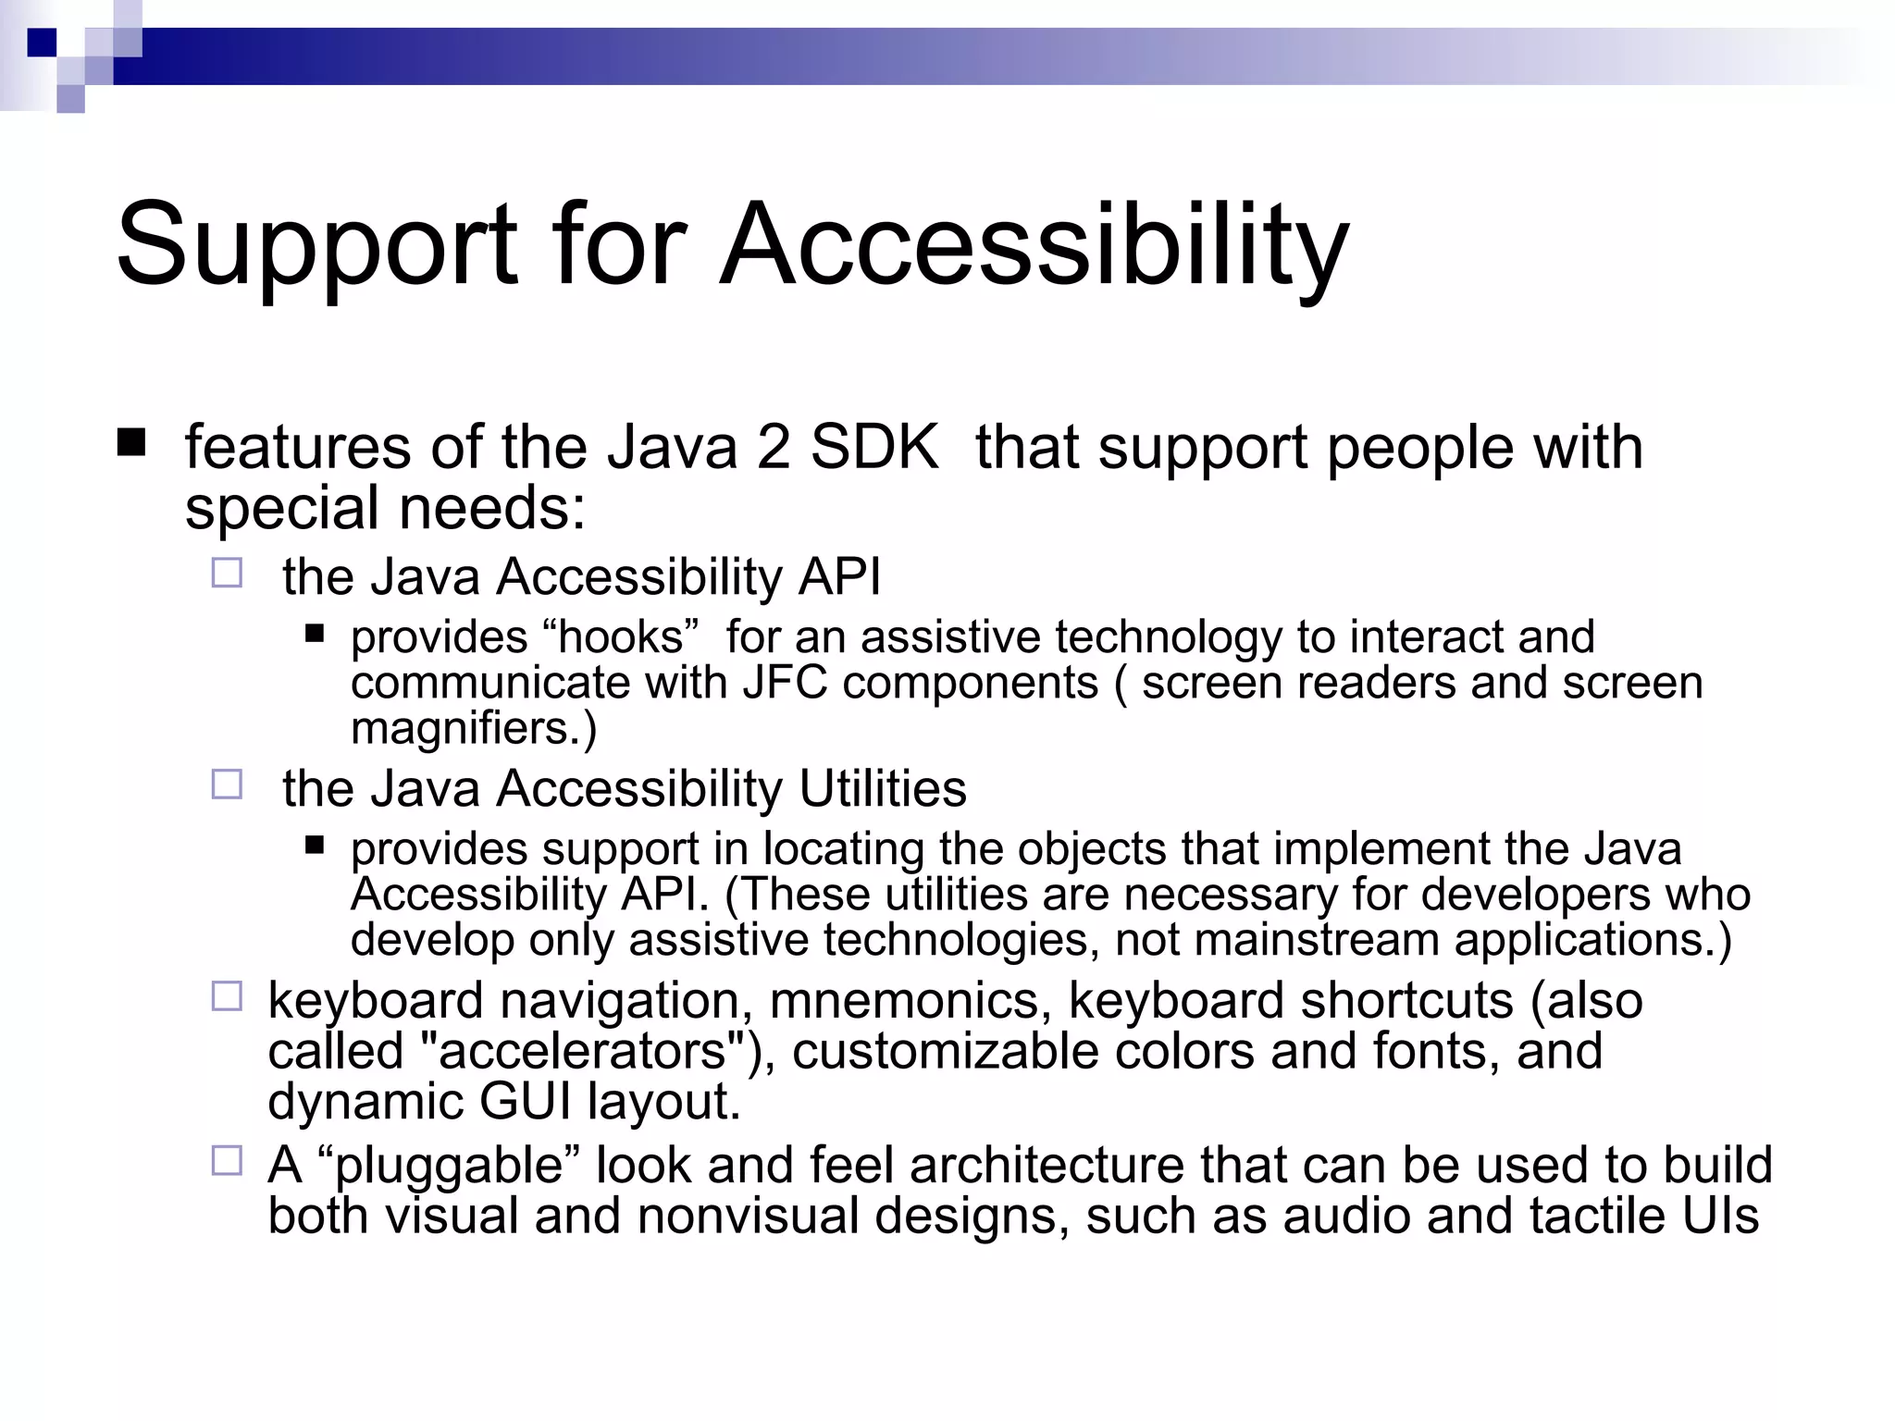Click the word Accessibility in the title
point(1034,245)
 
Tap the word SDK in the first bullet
point(873,448)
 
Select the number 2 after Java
point(773,448)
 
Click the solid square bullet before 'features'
point(131,442)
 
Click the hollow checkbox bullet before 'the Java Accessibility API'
point(227,574)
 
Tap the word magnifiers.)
point(474,728)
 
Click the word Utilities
point(883,789)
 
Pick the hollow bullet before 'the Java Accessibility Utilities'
point(227,785)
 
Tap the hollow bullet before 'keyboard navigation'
point(227,996)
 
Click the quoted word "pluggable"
point(449,1166)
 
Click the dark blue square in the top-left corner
point(42,42)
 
